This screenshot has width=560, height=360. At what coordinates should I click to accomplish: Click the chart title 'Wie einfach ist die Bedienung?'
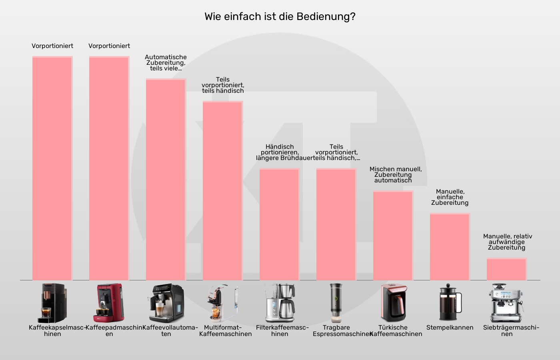280,17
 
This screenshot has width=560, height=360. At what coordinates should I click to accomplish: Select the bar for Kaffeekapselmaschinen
52,168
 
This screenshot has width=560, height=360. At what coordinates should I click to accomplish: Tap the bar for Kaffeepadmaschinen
109,168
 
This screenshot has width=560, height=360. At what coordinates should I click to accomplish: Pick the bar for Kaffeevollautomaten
166,180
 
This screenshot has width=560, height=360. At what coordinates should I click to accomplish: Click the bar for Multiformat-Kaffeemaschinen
222,191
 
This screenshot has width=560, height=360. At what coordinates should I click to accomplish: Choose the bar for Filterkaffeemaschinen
279,224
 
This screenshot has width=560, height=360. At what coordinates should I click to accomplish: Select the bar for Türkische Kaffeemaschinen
393,236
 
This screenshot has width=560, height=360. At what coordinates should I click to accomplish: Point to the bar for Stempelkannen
450,247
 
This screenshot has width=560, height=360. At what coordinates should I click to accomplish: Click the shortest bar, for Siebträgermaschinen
506,269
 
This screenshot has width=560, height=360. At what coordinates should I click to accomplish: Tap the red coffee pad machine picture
109,303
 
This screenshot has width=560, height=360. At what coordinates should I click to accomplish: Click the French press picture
450,303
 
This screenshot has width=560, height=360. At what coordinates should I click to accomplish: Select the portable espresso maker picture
336,303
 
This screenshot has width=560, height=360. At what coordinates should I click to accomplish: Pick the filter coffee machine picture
280,303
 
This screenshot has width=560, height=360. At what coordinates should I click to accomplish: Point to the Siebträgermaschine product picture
506,303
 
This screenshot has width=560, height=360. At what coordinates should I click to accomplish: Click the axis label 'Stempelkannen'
450,328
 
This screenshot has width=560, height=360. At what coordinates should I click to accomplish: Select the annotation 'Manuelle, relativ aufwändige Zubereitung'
507,242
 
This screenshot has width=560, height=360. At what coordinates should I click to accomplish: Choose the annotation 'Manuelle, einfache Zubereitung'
450,197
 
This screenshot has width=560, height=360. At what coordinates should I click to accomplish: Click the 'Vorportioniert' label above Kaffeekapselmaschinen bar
52,46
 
